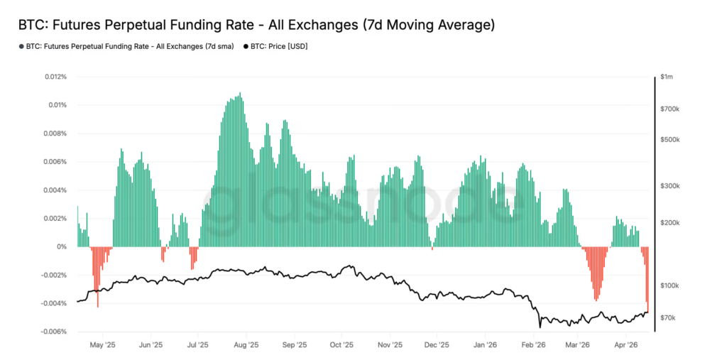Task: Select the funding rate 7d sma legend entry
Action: point(129,46)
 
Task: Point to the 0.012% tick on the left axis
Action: point(56,77)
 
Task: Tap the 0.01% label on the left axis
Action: point(58,105)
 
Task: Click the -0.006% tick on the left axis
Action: point(55,332)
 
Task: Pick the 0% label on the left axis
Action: point(62,247)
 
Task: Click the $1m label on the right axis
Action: point(667,77)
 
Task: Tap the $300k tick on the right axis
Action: point(671,186)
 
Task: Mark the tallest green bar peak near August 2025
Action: point(240,93)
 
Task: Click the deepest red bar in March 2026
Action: point(596,300)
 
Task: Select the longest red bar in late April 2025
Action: point(97,306)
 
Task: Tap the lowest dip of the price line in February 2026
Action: point(540,327)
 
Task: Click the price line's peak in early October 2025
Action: point(348,266)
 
